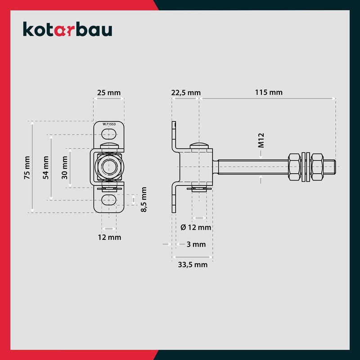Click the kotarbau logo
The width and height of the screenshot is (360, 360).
click(x=67, y=30)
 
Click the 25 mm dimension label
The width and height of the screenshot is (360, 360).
click(x=108, y=93)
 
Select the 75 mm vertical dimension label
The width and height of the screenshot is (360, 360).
click(x=27, y=167)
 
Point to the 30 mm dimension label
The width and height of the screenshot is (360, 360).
click(x=65, y=167)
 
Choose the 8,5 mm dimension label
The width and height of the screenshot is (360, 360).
click(x=144, y=200)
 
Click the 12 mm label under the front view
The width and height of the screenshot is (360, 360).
click(x=108, y=237)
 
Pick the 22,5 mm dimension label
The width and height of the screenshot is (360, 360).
click(x=185, y=93)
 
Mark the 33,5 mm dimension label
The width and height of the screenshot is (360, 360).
click(x=192, y=265)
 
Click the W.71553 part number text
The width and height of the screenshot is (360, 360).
click(x=109, y=124)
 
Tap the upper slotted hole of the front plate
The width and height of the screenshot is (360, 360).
click(x=108, y=134)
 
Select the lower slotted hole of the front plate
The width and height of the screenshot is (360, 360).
click(x=108, y=200)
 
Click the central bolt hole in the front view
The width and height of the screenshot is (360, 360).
click(x=108, y=167)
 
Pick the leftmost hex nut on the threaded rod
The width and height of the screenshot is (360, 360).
click(x=293, y=167)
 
